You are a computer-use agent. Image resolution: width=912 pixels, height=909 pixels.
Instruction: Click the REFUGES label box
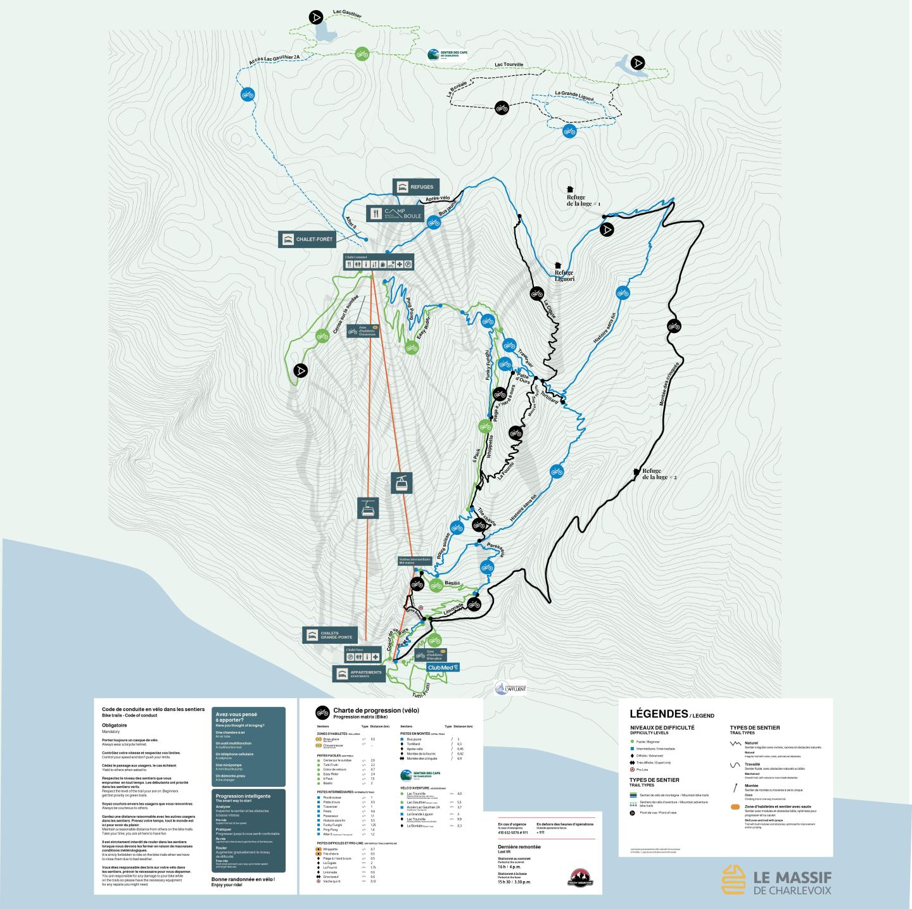415,187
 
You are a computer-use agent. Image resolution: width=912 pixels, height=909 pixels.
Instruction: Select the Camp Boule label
395,213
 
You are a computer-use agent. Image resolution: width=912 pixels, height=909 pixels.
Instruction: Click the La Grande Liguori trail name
574,94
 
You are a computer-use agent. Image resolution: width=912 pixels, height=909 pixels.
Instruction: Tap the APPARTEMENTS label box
358,674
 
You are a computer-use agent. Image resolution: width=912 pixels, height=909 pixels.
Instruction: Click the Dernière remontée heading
519,846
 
